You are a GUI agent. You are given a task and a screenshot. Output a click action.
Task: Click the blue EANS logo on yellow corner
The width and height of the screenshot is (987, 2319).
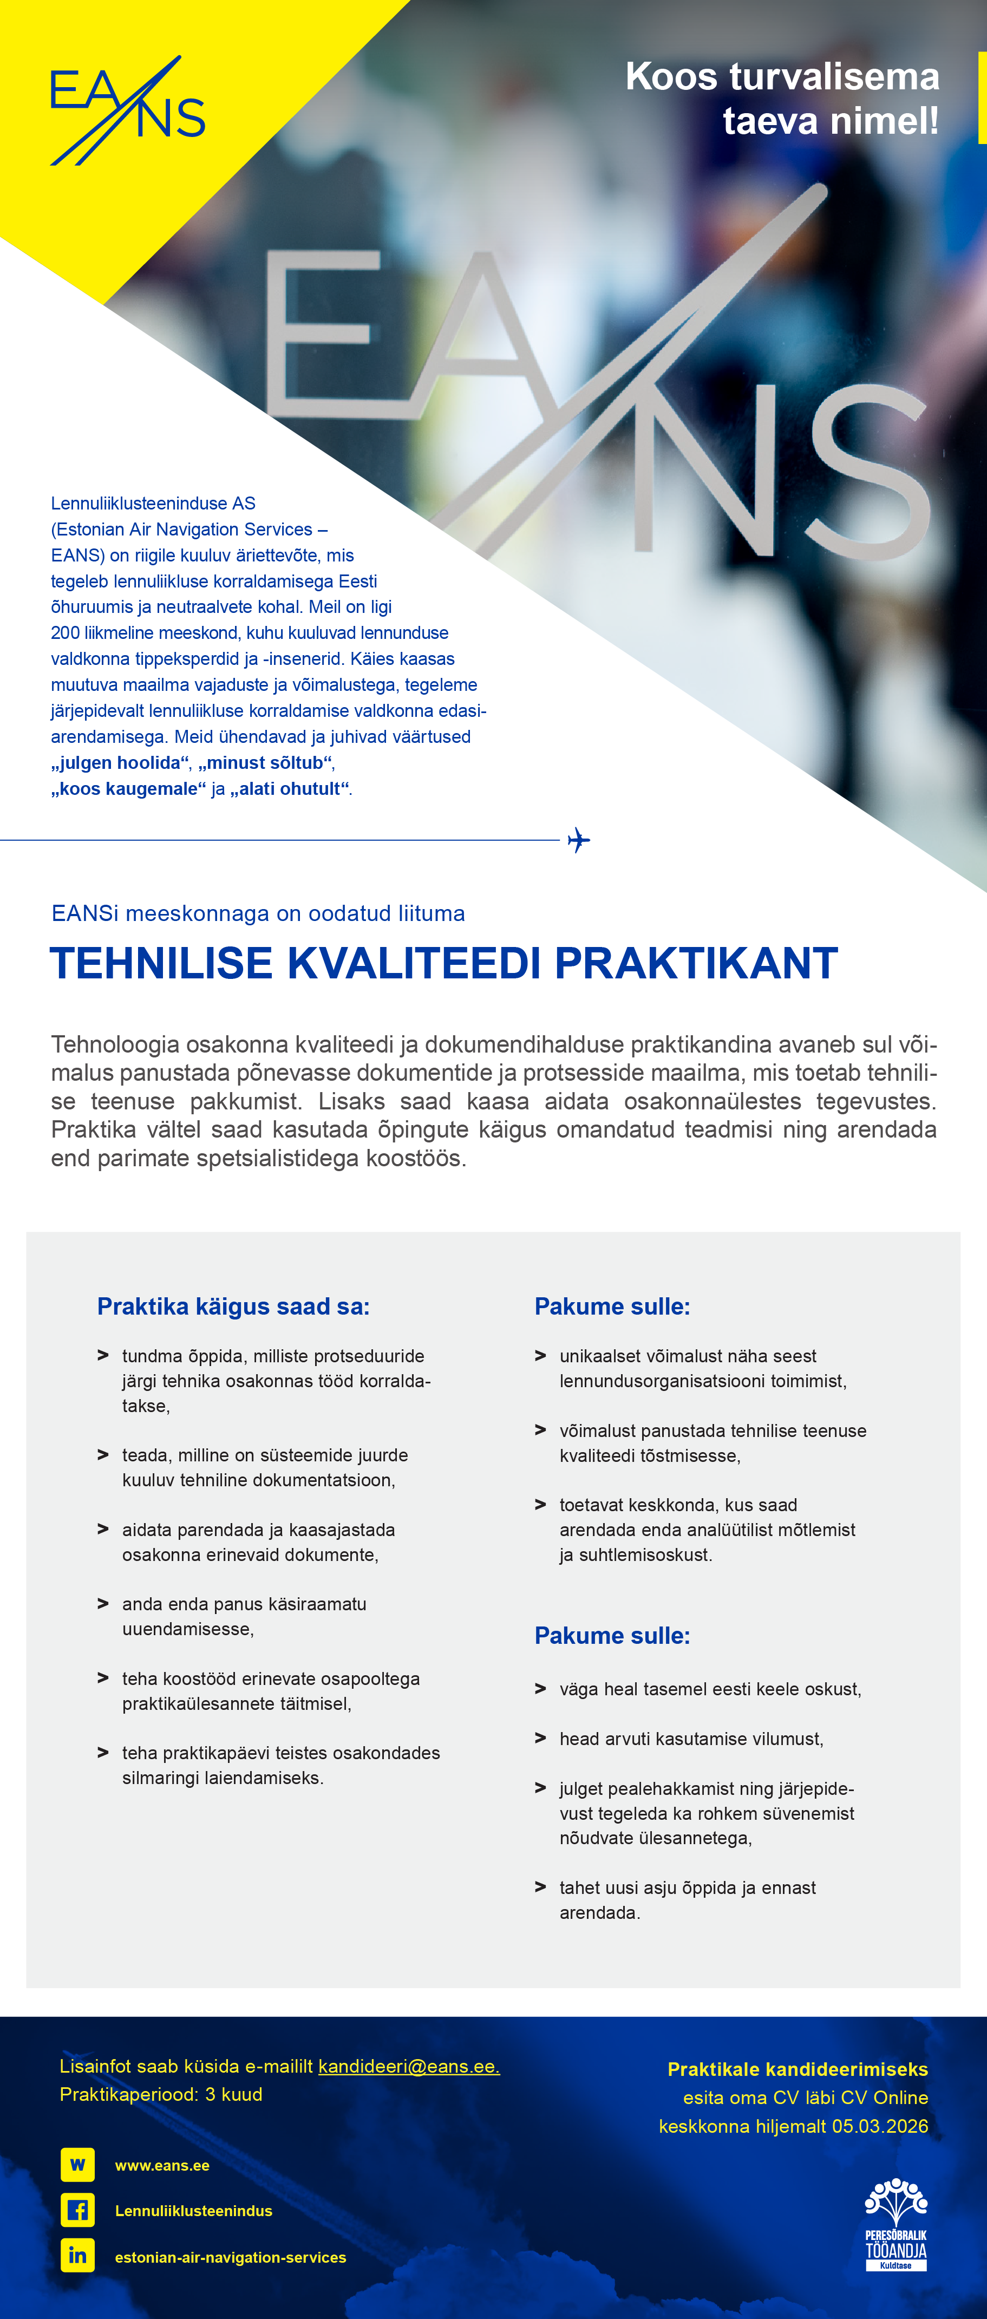coord(127,111)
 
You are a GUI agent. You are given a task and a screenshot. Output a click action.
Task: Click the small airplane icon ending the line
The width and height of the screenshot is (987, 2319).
coord(579,840)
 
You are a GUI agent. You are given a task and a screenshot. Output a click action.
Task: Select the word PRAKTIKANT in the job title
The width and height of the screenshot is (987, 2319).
coord(696,963)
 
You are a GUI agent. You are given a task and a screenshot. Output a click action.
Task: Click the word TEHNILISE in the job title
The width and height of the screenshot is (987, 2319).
coord(161,963)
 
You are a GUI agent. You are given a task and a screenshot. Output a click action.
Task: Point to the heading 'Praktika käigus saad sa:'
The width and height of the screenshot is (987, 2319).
coord(233,1307)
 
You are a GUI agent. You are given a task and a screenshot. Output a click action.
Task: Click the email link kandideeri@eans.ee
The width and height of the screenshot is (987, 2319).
coord(409,2066)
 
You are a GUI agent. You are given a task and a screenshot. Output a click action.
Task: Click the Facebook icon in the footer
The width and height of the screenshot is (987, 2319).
coord(77,2210)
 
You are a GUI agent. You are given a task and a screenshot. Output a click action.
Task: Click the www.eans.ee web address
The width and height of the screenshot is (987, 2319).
coord(162,2165)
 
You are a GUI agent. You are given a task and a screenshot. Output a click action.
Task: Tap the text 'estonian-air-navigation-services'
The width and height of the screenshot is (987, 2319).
coord(231,2257)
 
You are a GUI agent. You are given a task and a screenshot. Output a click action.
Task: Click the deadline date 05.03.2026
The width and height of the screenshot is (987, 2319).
coord(880,2126)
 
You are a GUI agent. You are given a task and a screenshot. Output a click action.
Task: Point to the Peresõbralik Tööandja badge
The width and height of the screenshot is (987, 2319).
coord(896,2224)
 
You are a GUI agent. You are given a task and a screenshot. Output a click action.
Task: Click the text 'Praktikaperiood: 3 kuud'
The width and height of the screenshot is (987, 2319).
coord(161,2094)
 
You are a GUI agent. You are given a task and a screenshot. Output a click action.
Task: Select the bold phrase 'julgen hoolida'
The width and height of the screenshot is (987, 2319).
coord(121,762)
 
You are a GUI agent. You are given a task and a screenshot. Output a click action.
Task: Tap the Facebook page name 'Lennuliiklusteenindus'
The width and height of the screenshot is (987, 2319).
coord(194,2211)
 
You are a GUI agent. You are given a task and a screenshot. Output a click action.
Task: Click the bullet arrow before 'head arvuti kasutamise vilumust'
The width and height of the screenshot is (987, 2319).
coord(540,1737)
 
